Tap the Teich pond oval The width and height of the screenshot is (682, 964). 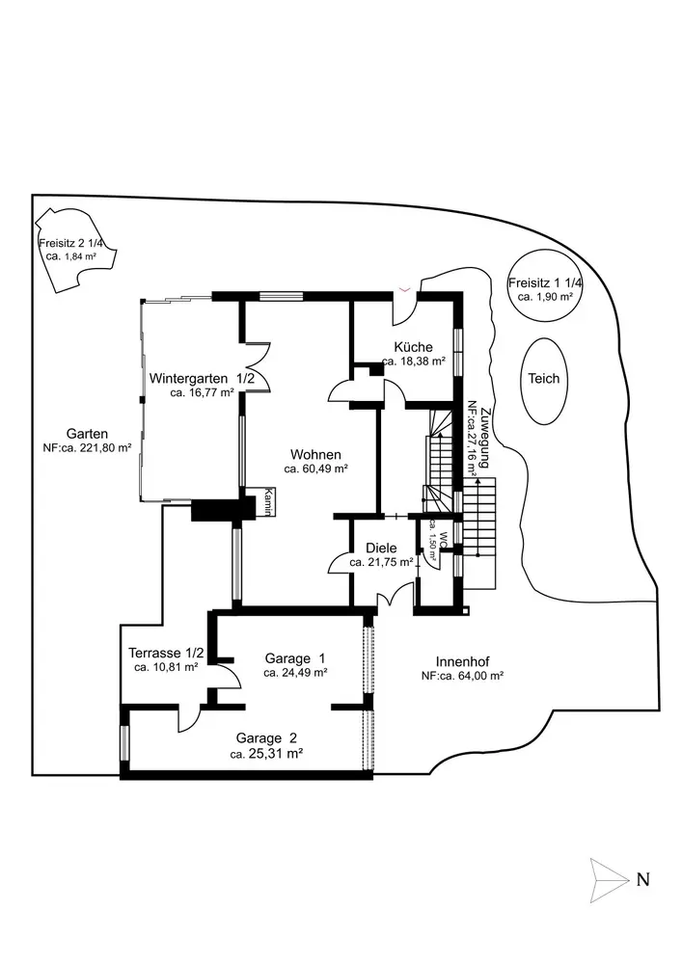(x=544, y=379)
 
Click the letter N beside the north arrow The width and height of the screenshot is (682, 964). (x=642, y=879)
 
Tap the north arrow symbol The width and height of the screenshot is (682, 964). (x=607, y=878)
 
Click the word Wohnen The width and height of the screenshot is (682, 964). (x=315, y=453)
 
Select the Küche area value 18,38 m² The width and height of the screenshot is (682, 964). (x=413, y=361)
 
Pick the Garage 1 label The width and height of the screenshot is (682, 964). (x=295, y=658)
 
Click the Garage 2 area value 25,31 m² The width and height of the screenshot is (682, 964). (x=267, y=755)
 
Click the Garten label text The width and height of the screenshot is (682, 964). (x=87, y=433)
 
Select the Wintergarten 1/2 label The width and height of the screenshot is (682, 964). (x=202, y=378)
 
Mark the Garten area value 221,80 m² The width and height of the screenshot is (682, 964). (x=87, y=448)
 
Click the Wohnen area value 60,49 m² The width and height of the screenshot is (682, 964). (x=315, y=469)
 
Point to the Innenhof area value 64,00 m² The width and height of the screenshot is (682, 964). (x=462, y=677)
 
